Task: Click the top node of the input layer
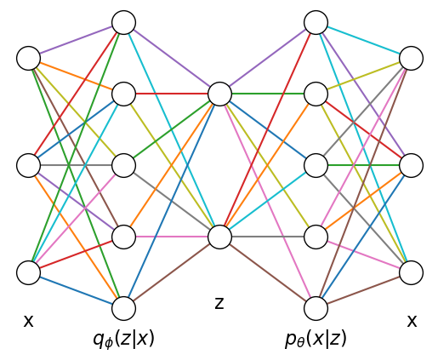(x=28, y=58)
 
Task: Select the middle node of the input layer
(x=28, y=165)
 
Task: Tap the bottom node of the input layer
(x=28, y=272)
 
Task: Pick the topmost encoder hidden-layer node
(x=124, y=22)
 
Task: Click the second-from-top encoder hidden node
(x=124, y=94)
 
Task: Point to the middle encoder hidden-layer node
(x=124, y=165)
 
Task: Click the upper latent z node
(x=219, y=94)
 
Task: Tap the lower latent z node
(x=219, y=237)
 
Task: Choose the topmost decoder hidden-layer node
(x=316, y=22)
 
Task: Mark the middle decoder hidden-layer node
(x=316, y=165)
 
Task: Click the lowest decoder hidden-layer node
(x=316, y=308)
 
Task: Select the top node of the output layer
(x=412, y=58)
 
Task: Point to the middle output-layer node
(x=412, y=165)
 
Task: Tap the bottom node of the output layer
(x=412, y=272)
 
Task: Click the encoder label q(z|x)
(x=124, y=339)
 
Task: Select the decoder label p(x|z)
(x=316, y=339)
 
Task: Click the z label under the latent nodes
(x=219, y=303)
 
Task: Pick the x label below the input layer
(x=28, y=321)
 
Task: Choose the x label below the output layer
(x=412, y=321)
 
